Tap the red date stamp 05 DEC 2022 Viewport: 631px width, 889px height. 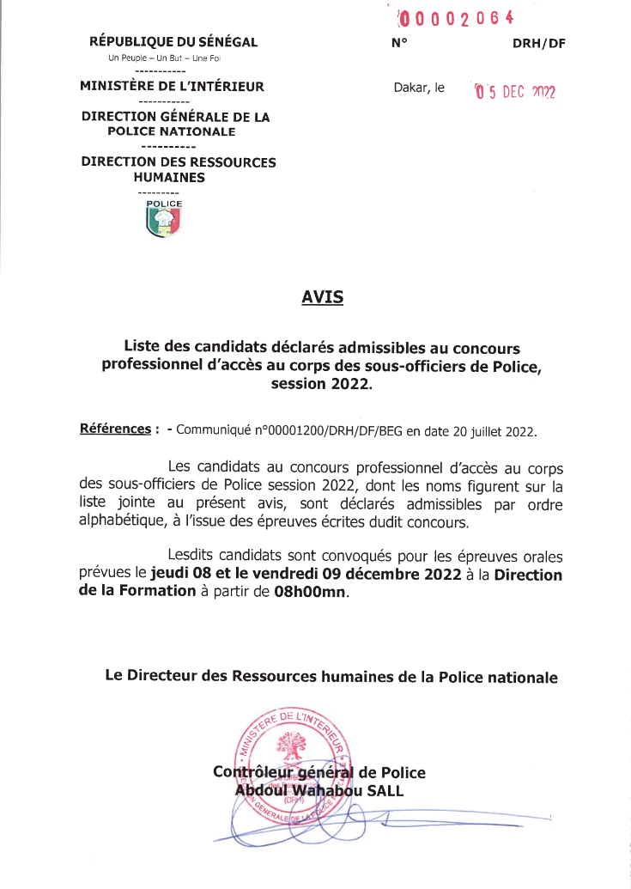coord(515,91)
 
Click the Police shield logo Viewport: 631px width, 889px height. coord(163,221)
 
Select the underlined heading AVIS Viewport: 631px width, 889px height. coord(322,298)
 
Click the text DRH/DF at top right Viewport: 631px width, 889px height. coord(539,43)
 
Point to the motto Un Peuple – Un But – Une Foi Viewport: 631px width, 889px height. coord(163,58)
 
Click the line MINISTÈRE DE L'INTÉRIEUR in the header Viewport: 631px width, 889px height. coord(172,86)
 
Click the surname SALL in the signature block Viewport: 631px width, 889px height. coord(384,790)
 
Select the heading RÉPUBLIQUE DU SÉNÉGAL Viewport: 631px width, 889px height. coord(173,42)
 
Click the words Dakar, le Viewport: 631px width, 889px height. coord(419,88)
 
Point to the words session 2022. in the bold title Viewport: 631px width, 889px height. coord(322,384)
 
